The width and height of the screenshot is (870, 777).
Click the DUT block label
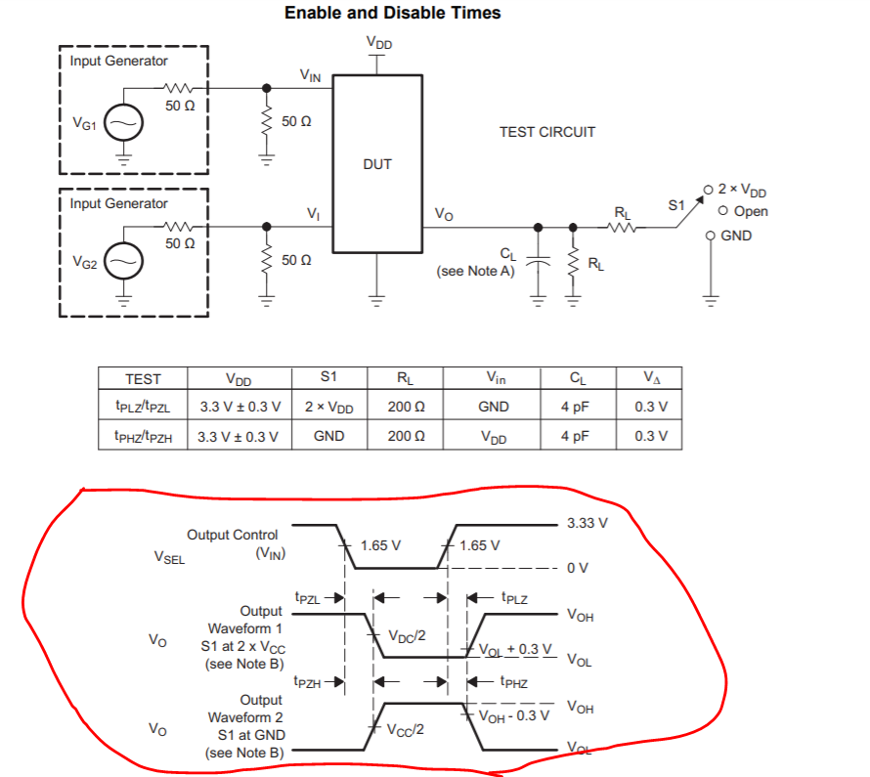click(376, 164)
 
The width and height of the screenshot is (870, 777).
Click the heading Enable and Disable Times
click(392, 13)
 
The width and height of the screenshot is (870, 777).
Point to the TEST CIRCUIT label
click(546, 132)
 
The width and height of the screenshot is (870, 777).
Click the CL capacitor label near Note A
click(506, 255)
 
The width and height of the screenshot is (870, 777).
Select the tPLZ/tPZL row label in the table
click(143, 407)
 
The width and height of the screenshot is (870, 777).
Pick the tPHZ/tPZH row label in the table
click(143, 436)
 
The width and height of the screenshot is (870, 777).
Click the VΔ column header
click(650, 378)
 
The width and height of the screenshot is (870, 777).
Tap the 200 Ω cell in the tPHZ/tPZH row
click(405, 436)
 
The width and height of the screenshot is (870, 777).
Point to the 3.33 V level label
click(587, 524)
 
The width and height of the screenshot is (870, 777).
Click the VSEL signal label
click(169, 558)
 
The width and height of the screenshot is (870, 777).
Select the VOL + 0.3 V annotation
click(515, 649)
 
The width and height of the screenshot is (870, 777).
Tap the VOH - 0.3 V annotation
click(515, 714)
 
